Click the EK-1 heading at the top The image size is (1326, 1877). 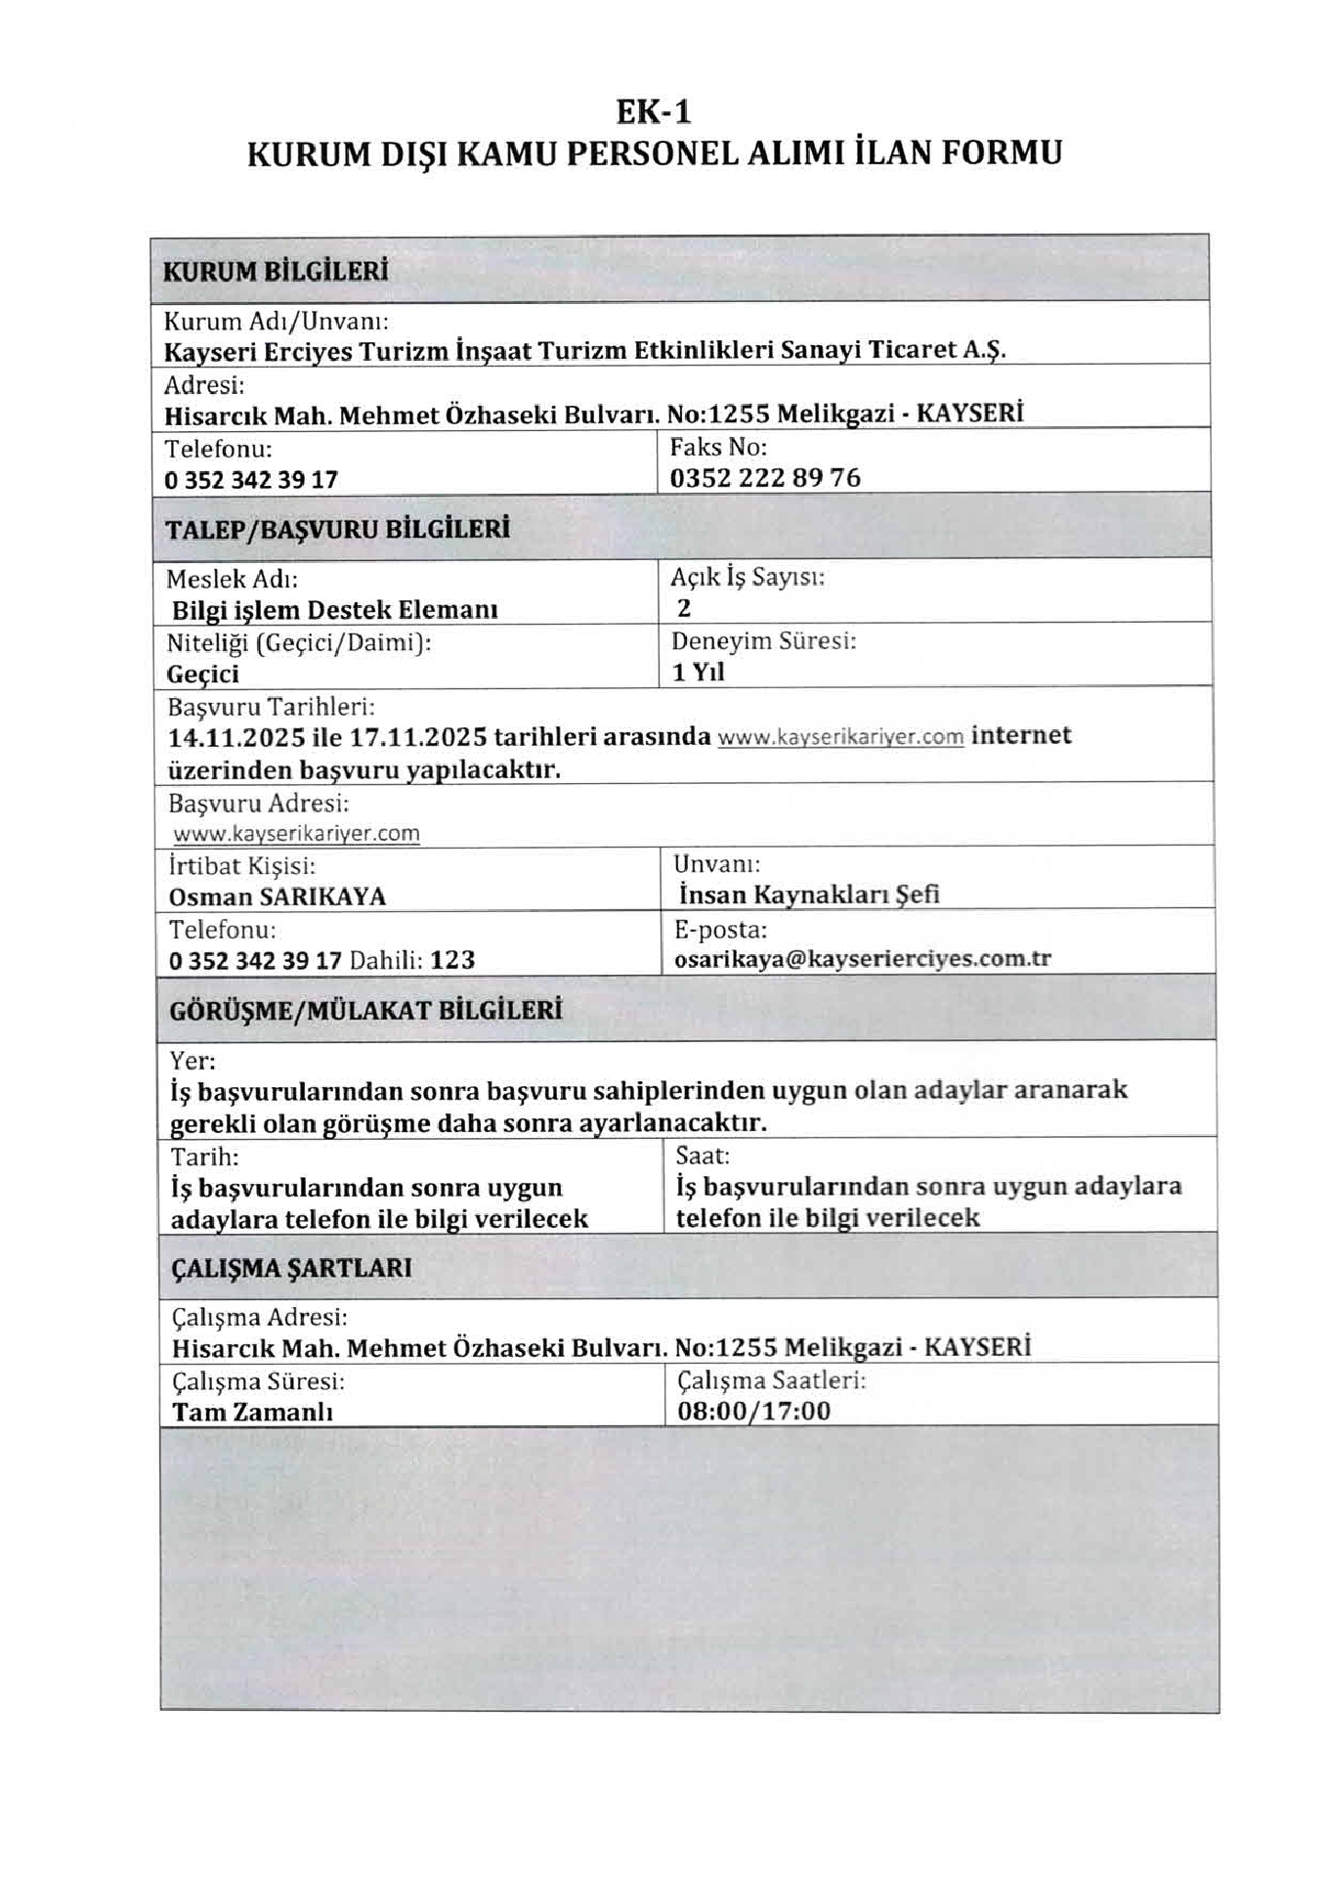click(x=654, y=112)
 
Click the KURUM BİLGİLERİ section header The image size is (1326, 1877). click(x=275, y=271)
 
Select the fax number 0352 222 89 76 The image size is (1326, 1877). click(x=765, y=478)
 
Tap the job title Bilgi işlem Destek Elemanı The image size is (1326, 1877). click(x=335, y=611)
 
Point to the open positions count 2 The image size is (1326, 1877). click(x=684, y=608)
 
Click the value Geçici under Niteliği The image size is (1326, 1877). click(x=202, y=675)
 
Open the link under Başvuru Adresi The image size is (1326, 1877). click(x=296, y=834)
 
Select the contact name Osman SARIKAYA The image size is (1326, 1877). click(x=278, y=897)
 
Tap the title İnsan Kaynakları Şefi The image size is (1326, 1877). click(x=809, y=895)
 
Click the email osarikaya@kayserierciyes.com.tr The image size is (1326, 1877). click(x=863, y=959)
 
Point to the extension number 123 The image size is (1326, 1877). click(x=452, y=960)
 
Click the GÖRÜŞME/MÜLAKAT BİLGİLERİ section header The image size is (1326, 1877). click(x=365, y=1010)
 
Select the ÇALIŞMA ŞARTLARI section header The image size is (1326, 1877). click(x=291, y=1268)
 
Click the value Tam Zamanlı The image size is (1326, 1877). click(x=252, y=1413)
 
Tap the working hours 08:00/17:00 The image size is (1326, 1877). click(x=753, y=1412)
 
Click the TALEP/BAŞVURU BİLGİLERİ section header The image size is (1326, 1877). click(x=337, y=530)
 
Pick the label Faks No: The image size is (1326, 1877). click(x=718, y=448)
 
